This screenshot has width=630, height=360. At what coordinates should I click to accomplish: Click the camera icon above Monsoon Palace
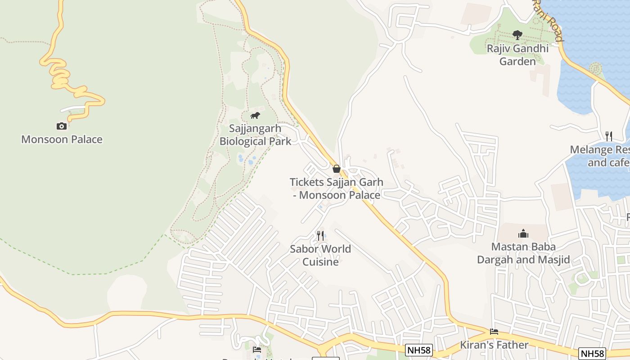pos(62,126)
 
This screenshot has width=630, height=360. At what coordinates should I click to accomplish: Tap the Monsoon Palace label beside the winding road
pos(62,139)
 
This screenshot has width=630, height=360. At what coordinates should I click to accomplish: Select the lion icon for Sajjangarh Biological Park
pos(255,116)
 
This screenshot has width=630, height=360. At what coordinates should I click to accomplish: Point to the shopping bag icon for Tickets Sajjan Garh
pos(336,169)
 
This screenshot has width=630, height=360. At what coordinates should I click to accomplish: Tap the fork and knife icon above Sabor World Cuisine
pos(320,235)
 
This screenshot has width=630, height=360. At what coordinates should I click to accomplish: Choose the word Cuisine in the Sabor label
pos(320,261)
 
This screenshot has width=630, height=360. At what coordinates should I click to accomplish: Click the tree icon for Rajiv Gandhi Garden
pos(517,35)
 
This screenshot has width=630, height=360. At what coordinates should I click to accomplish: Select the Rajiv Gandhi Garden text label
pos(517,54)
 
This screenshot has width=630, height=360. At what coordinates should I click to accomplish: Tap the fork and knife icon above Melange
pos(608,136)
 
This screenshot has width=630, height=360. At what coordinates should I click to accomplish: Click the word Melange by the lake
pos(591,149)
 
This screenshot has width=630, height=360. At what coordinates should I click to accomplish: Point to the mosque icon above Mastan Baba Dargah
pos(523,234)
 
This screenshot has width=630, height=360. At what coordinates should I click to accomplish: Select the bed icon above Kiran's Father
pos(494,332)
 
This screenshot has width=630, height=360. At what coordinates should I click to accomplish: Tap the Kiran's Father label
pos(494,345)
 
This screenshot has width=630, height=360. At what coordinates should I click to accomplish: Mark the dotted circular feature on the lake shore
pos(595,69)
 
